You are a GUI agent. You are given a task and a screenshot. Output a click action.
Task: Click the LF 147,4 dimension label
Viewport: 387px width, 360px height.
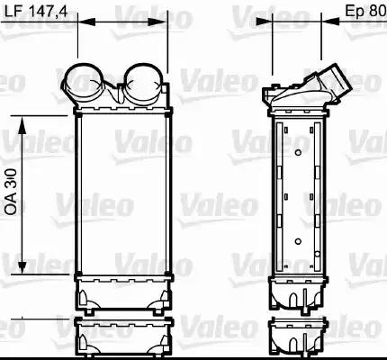[x=36, y=11]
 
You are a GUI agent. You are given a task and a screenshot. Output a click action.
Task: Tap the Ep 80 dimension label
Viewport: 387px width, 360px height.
[x=366, y=11]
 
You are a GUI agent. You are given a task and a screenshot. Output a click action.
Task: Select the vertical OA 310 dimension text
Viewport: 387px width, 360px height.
[x=12, y=192]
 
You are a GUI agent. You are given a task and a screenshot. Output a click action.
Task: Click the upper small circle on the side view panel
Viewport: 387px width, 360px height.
[x=298, y=153]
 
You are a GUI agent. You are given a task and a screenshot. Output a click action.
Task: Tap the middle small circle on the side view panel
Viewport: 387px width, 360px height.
[x=298, y=241]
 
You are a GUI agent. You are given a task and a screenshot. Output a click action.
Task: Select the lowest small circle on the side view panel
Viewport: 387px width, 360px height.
[x=318, y=255]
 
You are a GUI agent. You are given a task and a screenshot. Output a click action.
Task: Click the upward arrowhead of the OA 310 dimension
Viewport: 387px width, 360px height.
[x=22, y=125]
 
